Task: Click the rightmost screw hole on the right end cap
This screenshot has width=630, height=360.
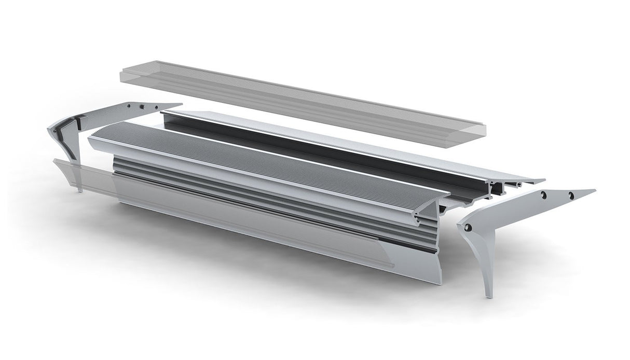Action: (x=571, y=195)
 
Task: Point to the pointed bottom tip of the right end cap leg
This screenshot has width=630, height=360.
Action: (x=488, y=296)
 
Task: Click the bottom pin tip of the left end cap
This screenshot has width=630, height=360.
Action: (x=80, y=190)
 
